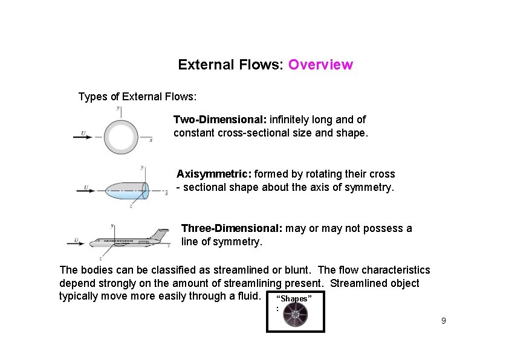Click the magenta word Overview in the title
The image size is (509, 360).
320,65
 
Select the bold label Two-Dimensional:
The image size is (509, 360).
220,120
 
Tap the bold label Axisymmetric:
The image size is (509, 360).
213,174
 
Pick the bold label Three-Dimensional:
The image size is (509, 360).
232,228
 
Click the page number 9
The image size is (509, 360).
443,321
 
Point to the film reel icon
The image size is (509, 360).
296,315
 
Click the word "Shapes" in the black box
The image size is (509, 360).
294,299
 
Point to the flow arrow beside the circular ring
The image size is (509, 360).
83,137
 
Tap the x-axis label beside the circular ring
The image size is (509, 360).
151,140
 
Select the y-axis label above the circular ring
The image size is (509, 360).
118,109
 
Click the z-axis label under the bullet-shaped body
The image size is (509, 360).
131,206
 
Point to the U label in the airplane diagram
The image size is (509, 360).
76,240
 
